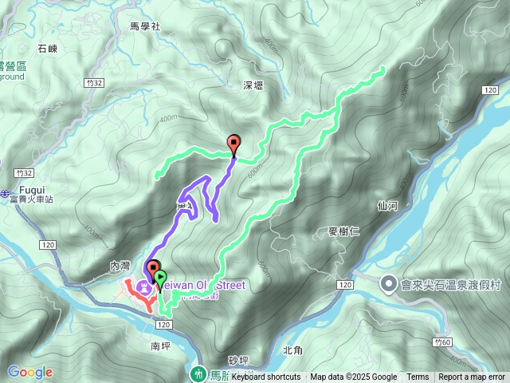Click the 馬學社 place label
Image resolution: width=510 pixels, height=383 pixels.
146,26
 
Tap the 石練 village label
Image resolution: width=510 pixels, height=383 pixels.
48,48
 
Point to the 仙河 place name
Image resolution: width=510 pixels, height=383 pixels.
387,205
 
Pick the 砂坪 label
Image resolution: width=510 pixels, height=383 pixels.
238,361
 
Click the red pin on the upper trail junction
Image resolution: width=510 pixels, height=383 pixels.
233,144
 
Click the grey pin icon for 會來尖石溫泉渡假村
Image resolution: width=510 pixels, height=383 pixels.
390,284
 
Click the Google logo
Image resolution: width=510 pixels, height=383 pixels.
30,372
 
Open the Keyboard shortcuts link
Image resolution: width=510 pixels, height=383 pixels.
266,377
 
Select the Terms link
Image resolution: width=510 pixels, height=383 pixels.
418,377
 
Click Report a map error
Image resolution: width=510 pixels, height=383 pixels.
473,377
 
